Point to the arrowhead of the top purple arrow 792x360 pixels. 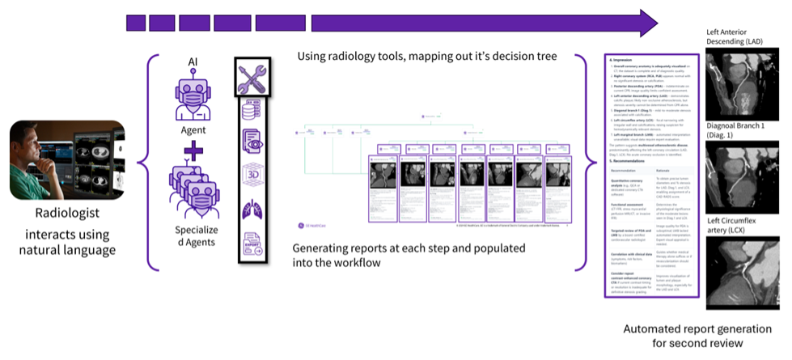pyautogui.click(x=647, y=23)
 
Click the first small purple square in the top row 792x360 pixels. pyautogui.click(x=135, y=23)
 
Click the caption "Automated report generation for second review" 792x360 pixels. pyautogui.click(x=694, y=337)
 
